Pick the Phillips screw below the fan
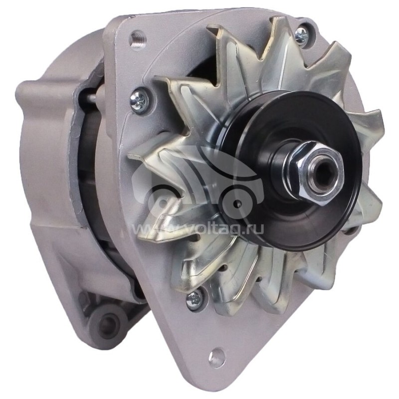(x=195, y=299)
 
